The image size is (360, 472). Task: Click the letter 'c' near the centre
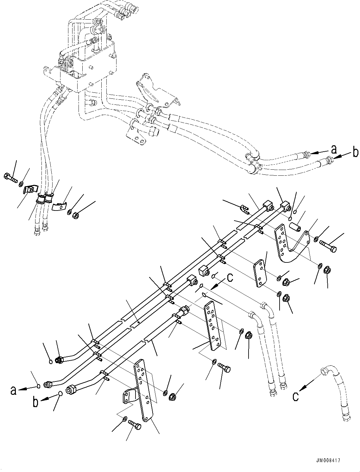(x=230, y=278)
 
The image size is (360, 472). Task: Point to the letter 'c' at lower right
(x=296, y=396)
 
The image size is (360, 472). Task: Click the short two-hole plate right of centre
(x=259, y=274)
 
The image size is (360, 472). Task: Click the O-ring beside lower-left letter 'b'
(x=60, y=393)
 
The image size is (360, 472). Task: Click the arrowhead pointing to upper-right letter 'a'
(x=312, y=153)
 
